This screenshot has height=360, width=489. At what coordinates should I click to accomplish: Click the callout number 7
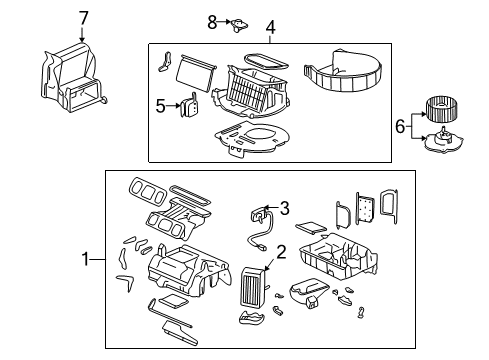point(83,18)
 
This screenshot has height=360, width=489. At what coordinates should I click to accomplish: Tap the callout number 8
point(212,22)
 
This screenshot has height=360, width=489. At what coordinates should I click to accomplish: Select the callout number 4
point(270,27)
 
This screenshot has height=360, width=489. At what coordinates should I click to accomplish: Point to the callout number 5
point(160,106)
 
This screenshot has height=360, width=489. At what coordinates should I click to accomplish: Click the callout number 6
point(400,127)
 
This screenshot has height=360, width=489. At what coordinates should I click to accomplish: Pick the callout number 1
point(86,259)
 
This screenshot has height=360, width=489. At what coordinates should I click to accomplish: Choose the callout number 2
point(281,252)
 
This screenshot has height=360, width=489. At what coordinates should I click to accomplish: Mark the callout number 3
point(284,208)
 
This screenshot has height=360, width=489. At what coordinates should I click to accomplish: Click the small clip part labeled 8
point(240,25)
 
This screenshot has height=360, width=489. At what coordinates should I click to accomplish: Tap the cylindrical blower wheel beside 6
point(441,109)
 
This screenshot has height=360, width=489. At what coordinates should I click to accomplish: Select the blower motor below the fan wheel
point(443,140)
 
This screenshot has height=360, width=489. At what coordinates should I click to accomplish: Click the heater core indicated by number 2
point(253,287)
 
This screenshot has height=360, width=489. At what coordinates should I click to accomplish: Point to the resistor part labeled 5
point(189,105)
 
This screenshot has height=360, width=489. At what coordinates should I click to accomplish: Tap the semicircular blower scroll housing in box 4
point(343,71)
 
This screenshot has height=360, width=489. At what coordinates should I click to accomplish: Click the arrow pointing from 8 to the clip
point(224,22)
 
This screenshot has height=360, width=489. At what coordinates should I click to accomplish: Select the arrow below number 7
point(82,34)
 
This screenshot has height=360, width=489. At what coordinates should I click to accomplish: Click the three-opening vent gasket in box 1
point(147,192)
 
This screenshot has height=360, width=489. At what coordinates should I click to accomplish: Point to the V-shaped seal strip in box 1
point(126,281)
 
